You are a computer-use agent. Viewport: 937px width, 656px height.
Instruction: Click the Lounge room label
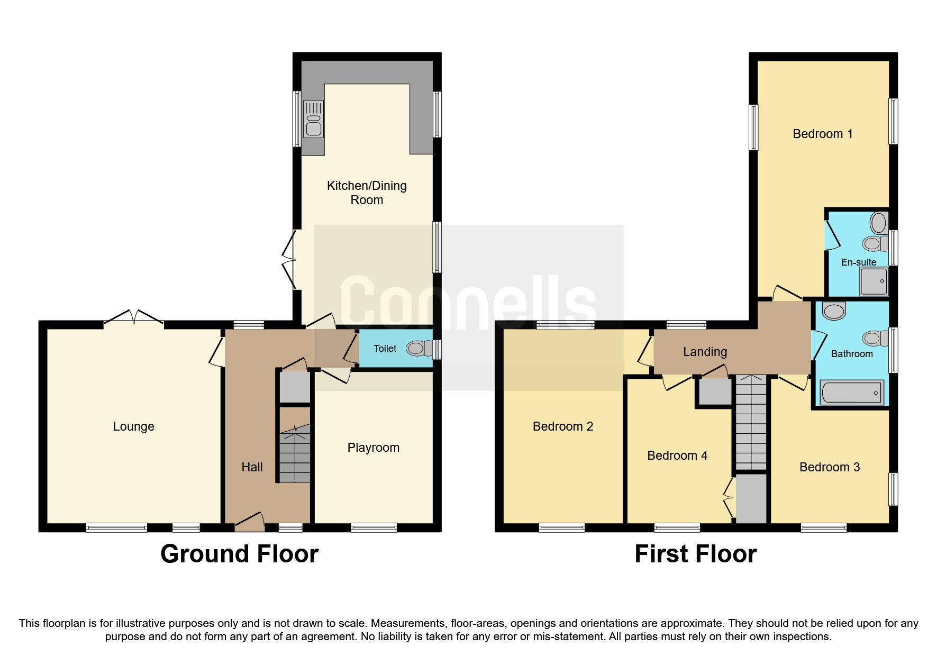point(133,426)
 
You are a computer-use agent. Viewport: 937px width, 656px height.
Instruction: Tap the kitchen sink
point(313,119)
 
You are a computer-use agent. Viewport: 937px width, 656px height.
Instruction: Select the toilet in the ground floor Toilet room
point(420,348)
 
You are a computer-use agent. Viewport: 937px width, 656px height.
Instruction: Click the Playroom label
point(373,448)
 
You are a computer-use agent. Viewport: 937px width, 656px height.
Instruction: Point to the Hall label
point(252,467)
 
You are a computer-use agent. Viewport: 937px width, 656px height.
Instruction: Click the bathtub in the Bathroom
point(851,392)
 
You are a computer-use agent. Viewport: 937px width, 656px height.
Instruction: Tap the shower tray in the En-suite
point(873,281)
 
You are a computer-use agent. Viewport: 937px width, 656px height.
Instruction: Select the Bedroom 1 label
point(823,134)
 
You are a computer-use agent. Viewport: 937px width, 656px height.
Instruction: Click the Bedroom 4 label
point(677,455)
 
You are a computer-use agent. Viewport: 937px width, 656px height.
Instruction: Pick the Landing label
point(705,352)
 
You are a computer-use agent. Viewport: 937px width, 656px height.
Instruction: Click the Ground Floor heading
point(239,554)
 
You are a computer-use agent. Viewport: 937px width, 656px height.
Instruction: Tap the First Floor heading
point(695,554)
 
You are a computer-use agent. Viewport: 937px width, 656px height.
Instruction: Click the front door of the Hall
point(250,522)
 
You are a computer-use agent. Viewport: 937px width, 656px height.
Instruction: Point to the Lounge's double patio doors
point(133,317)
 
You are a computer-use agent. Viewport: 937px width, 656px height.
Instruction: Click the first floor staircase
point(751,422)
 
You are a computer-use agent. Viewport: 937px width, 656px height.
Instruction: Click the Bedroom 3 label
point(830,467)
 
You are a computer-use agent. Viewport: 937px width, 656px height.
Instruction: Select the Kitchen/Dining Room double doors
point(289,260)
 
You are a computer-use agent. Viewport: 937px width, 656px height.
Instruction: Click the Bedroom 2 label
point(563,426)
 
